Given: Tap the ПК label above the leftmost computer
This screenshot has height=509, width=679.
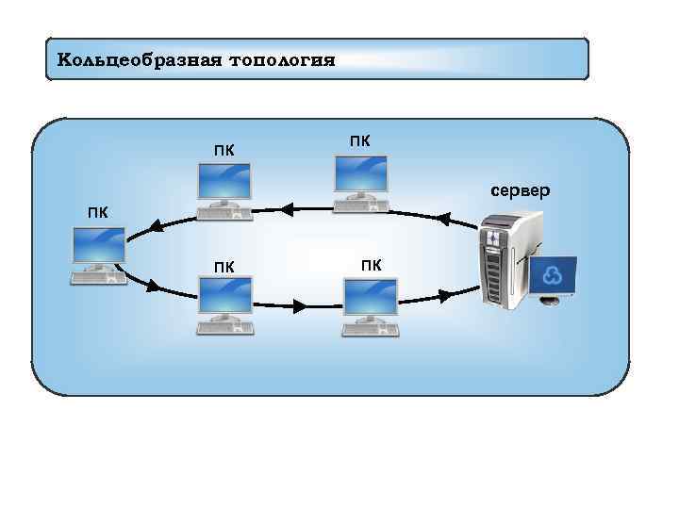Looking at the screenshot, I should pyautogui.click(x=97, y=212).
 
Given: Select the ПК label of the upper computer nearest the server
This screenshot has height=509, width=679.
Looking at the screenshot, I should pyautogui.click(x=359, y=141).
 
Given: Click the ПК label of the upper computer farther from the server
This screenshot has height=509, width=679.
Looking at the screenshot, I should pyautogui.click(x=224, y=149).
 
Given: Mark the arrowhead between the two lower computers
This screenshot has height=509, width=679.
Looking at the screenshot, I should pyautogui.click(x=300, y=307).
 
